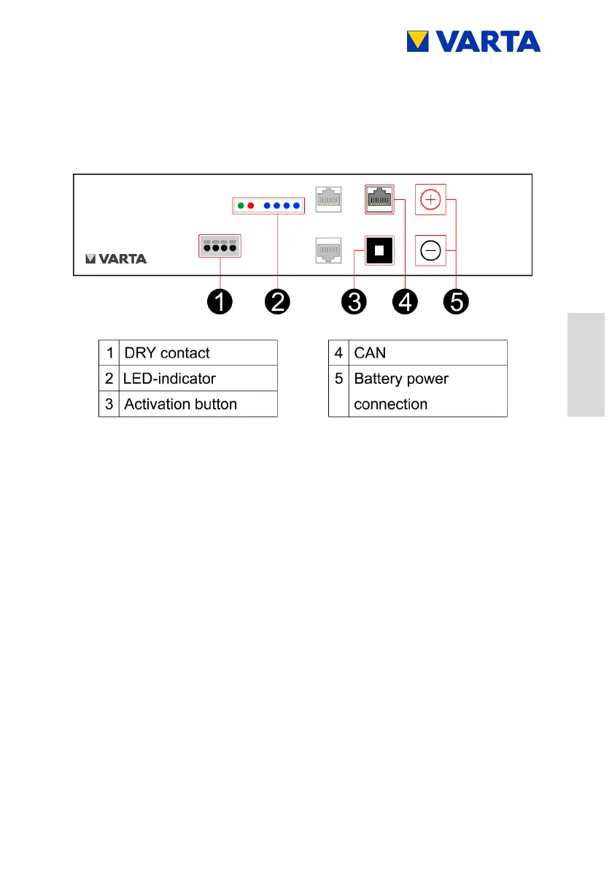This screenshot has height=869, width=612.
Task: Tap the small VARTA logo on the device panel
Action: pos(116,258)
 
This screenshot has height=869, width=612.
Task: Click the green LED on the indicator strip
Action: pos(240,206)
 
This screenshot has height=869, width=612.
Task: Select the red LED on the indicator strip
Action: pos(250,206)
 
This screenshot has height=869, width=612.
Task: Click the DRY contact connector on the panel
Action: pos(219,246)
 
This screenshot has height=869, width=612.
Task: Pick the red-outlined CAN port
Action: pos(379,198)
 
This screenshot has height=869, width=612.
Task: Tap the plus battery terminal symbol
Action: pos(430,199)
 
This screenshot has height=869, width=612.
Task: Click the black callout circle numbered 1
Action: pos(220,301)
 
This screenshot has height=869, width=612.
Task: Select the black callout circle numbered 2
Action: pos(277,301)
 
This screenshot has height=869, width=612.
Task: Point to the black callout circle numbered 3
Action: pos(354,301)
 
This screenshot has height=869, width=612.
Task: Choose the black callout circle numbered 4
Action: pos(404,301)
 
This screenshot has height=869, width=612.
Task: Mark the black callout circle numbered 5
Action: pos(456,301)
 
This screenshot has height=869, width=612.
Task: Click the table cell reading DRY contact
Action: pos(167,353)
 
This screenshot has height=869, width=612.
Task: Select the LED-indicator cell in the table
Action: pos(169,379)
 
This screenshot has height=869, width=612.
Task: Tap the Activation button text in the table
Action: pos(180,404)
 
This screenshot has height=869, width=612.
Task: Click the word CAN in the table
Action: pos(370,353)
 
